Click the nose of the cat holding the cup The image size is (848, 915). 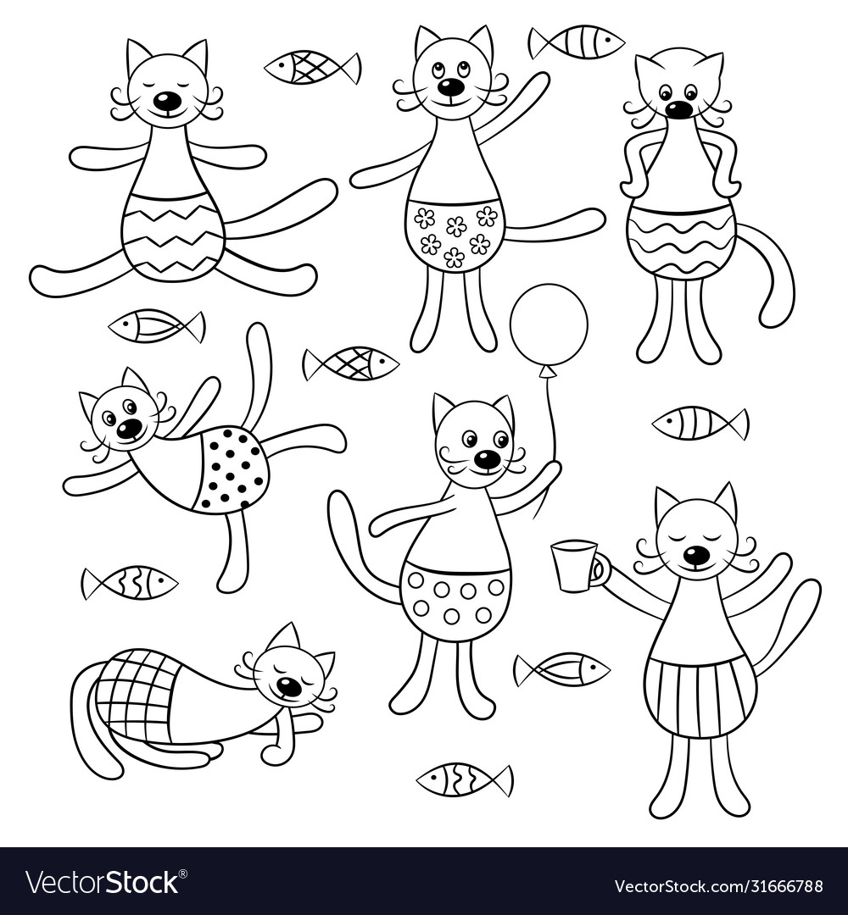point(694,556)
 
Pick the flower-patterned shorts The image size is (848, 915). point(453,230)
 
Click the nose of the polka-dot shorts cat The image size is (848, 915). point(127,430)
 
